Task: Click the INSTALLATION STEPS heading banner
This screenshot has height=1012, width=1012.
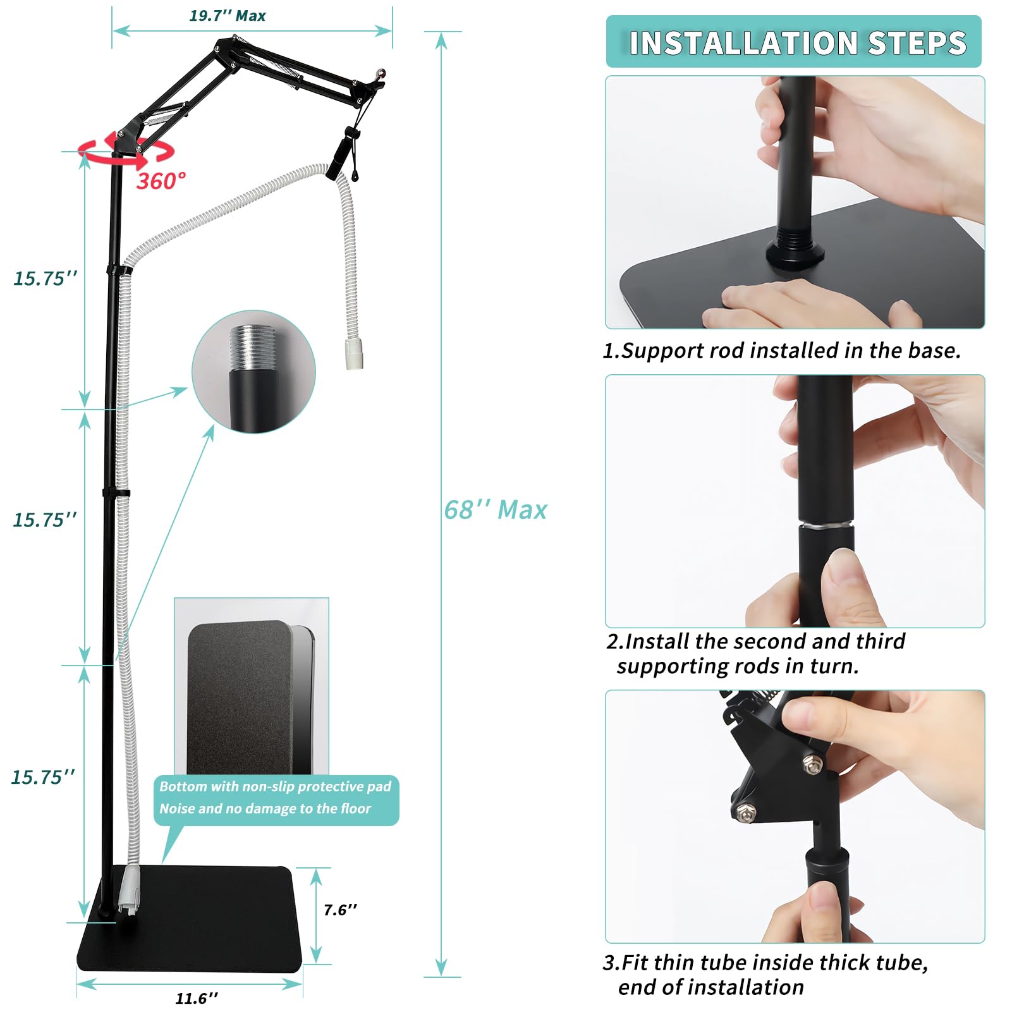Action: (x=793, y=42)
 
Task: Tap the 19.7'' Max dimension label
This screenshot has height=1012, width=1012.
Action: (x=228, y=16)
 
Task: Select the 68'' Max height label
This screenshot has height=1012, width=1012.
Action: (x=496, y=510)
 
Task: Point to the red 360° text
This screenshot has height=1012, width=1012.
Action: (x=161, y=181)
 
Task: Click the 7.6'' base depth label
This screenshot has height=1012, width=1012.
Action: (x=340, y=910)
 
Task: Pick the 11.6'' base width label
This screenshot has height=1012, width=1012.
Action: (x=197, y=998)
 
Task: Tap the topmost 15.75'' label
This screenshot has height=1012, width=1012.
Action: (x=46, y=278)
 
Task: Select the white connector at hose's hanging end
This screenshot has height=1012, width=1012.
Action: (x=354, y=352)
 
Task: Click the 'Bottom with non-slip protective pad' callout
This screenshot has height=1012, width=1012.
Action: (x=276, y=800)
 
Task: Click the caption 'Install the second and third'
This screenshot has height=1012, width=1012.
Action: (x=756, y=642)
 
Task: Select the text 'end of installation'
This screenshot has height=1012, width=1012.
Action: (x=711, y=987)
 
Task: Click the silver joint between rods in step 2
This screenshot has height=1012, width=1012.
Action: (x=825, y=524)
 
